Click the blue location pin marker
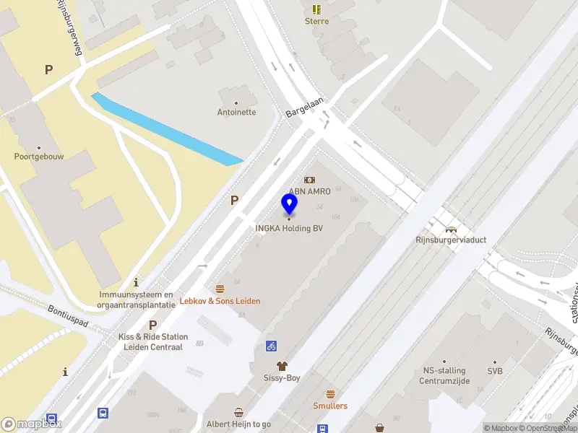click(x=290, y=204)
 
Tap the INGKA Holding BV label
click(x=289, y=229)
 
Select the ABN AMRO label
click(x=309, y=191)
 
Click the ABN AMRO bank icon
click(x=309, y=180)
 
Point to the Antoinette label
click(x=236, y=113)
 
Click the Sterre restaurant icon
click(x=316, y=9)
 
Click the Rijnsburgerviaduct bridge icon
click(x=452, y=229)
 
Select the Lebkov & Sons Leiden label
click(x=220, y=301)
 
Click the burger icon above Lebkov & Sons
click(x=220, y=289)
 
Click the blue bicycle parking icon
click(x=272, y=346)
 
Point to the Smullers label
click(x=330, y=406)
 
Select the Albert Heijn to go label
click(x=238, y=424)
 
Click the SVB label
click(x=495, y=371)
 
